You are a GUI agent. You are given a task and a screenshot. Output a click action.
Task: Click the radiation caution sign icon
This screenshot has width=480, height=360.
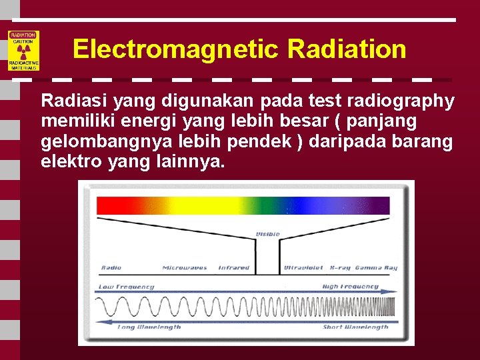click(23, 51)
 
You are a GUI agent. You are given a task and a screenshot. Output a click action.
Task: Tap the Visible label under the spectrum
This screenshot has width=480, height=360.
click(268, 235)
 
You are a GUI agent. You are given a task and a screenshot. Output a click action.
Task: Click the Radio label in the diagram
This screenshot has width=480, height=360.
click(111, 268)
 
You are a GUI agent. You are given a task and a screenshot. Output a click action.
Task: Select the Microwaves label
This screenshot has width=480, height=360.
click(184, 268)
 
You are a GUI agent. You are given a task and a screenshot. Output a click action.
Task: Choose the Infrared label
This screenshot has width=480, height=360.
click(234, 268)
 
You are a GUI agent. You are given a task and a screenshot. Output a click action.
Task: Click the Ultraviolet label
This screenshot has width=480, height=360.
click(304, 268)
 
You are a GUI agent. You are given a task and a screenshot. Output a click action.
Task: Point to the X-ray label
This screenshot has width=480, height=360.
click(341, 268)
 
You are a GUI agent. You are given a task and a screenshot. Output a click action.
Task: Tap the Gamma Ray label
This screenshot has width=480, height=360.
click(377, 268)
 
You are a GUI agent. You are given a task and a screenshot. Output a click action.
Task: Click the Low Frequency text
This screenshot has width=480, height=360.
click(127, 287)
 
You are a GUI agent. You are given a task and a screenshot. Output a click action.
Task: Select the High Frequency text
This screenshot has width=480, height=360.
click(350, 287)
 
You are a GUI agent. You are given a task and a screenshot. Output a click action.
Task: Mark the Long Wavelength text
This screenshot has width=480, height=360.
click(149, 327)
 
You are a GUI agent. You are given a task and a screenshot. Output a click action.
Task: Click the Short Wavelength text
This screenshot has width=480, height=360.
click(355, 327)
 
